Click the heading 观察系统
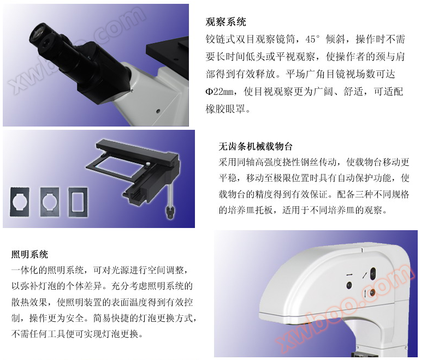pyautogui.click(x=226, y=22)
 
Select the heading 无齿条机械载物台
pyautogui.click(x=256, y=147)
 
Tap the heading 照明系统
pyautogui.click(x=29, y=254)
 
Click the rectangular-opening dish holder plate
pyautogui.click(x=78, y=202)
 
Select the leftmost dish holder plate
pyautogui.click(x=20, y=202)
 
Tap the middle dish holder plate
pyautogui.click(x=49, y=202)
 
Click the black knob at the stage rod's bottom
pyautogui.click(x=170, y=212)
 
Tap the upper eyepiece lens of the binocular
pyautogui.click(x=38, y=33)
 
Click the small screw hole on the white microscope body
pyautogui.click(x=158, y=111)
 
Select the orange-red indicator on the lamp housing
pyautogui.click(x=372, y=292)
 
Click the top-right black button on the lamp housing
pyautogui.click(x=372, y=273)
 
